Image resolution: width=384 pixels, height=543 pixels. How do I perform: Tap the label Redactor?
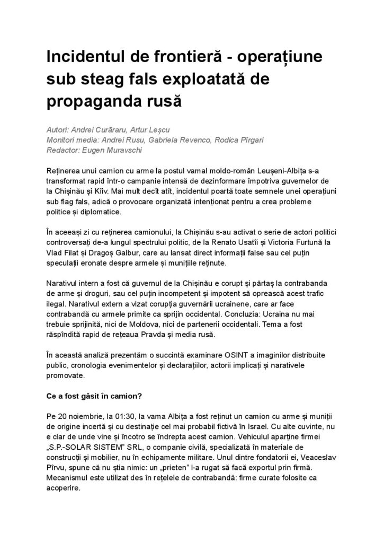(x=65, y=150)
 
